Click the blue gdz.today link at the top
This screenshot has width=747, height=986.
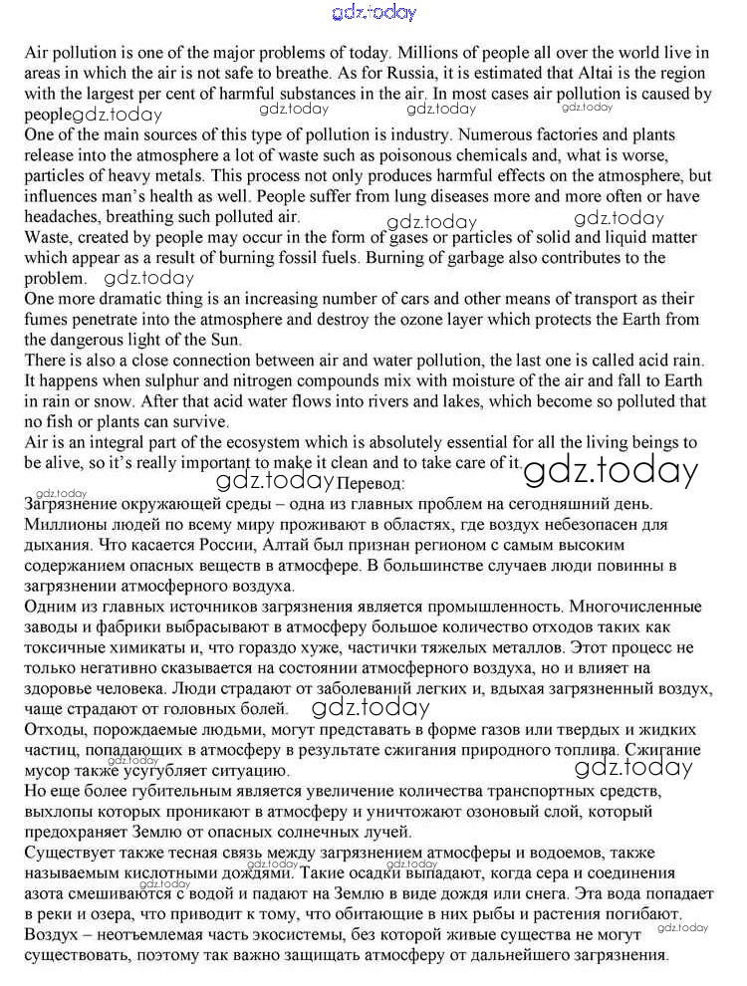pos(373,13)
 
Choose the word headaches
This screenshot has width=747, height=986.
pos(62,216)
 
